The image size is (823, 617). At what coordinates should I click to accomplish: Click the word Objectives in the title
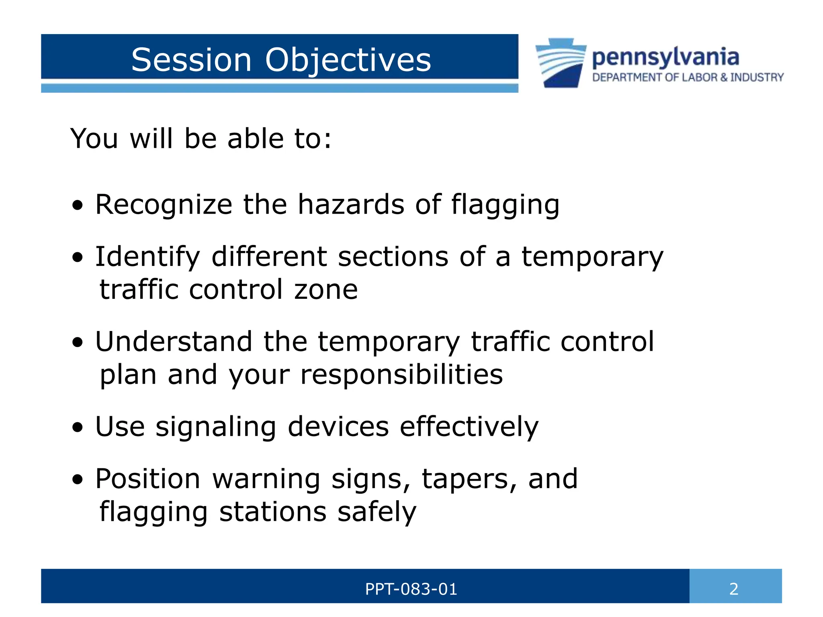pyautogui.click(x=348, y=61)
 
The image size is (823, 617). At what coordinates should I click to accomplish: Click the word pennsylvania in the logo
pyautogui.click(x=665, y=58)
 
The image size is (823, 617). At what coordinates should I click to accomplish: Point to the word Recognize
pyautogui.click(x=164, y=205)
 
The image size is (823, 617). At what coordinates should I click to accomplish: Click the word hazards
pyautogui.click(x=351, y=204)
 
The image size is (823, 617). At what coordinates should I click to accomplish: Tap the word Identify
pyautogui.click(x=147, y=257)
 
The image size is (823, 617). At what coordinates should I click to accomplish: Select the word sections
pyautogui.click(x=393, y=257)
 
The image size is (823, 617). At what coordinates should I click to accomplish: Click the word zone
pyautogui.click(x=326, y=290)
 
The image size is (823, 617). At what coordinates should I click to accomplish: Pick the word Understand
pyautogui.click(x=174, y=342)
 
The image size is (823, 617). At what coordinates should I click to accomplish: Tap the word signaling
pyautogui.click(x=216, y=427)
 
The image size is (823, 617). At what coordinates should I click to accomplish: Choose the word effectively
pyautogui.click(x=469, y=427)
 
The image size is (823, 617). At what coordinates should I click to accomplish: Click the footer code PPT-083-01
pyautogui.click(x=411, y=589)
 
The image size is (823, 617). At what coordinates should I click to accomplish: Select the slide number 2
pyautogui.click(x=734, y=589)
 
